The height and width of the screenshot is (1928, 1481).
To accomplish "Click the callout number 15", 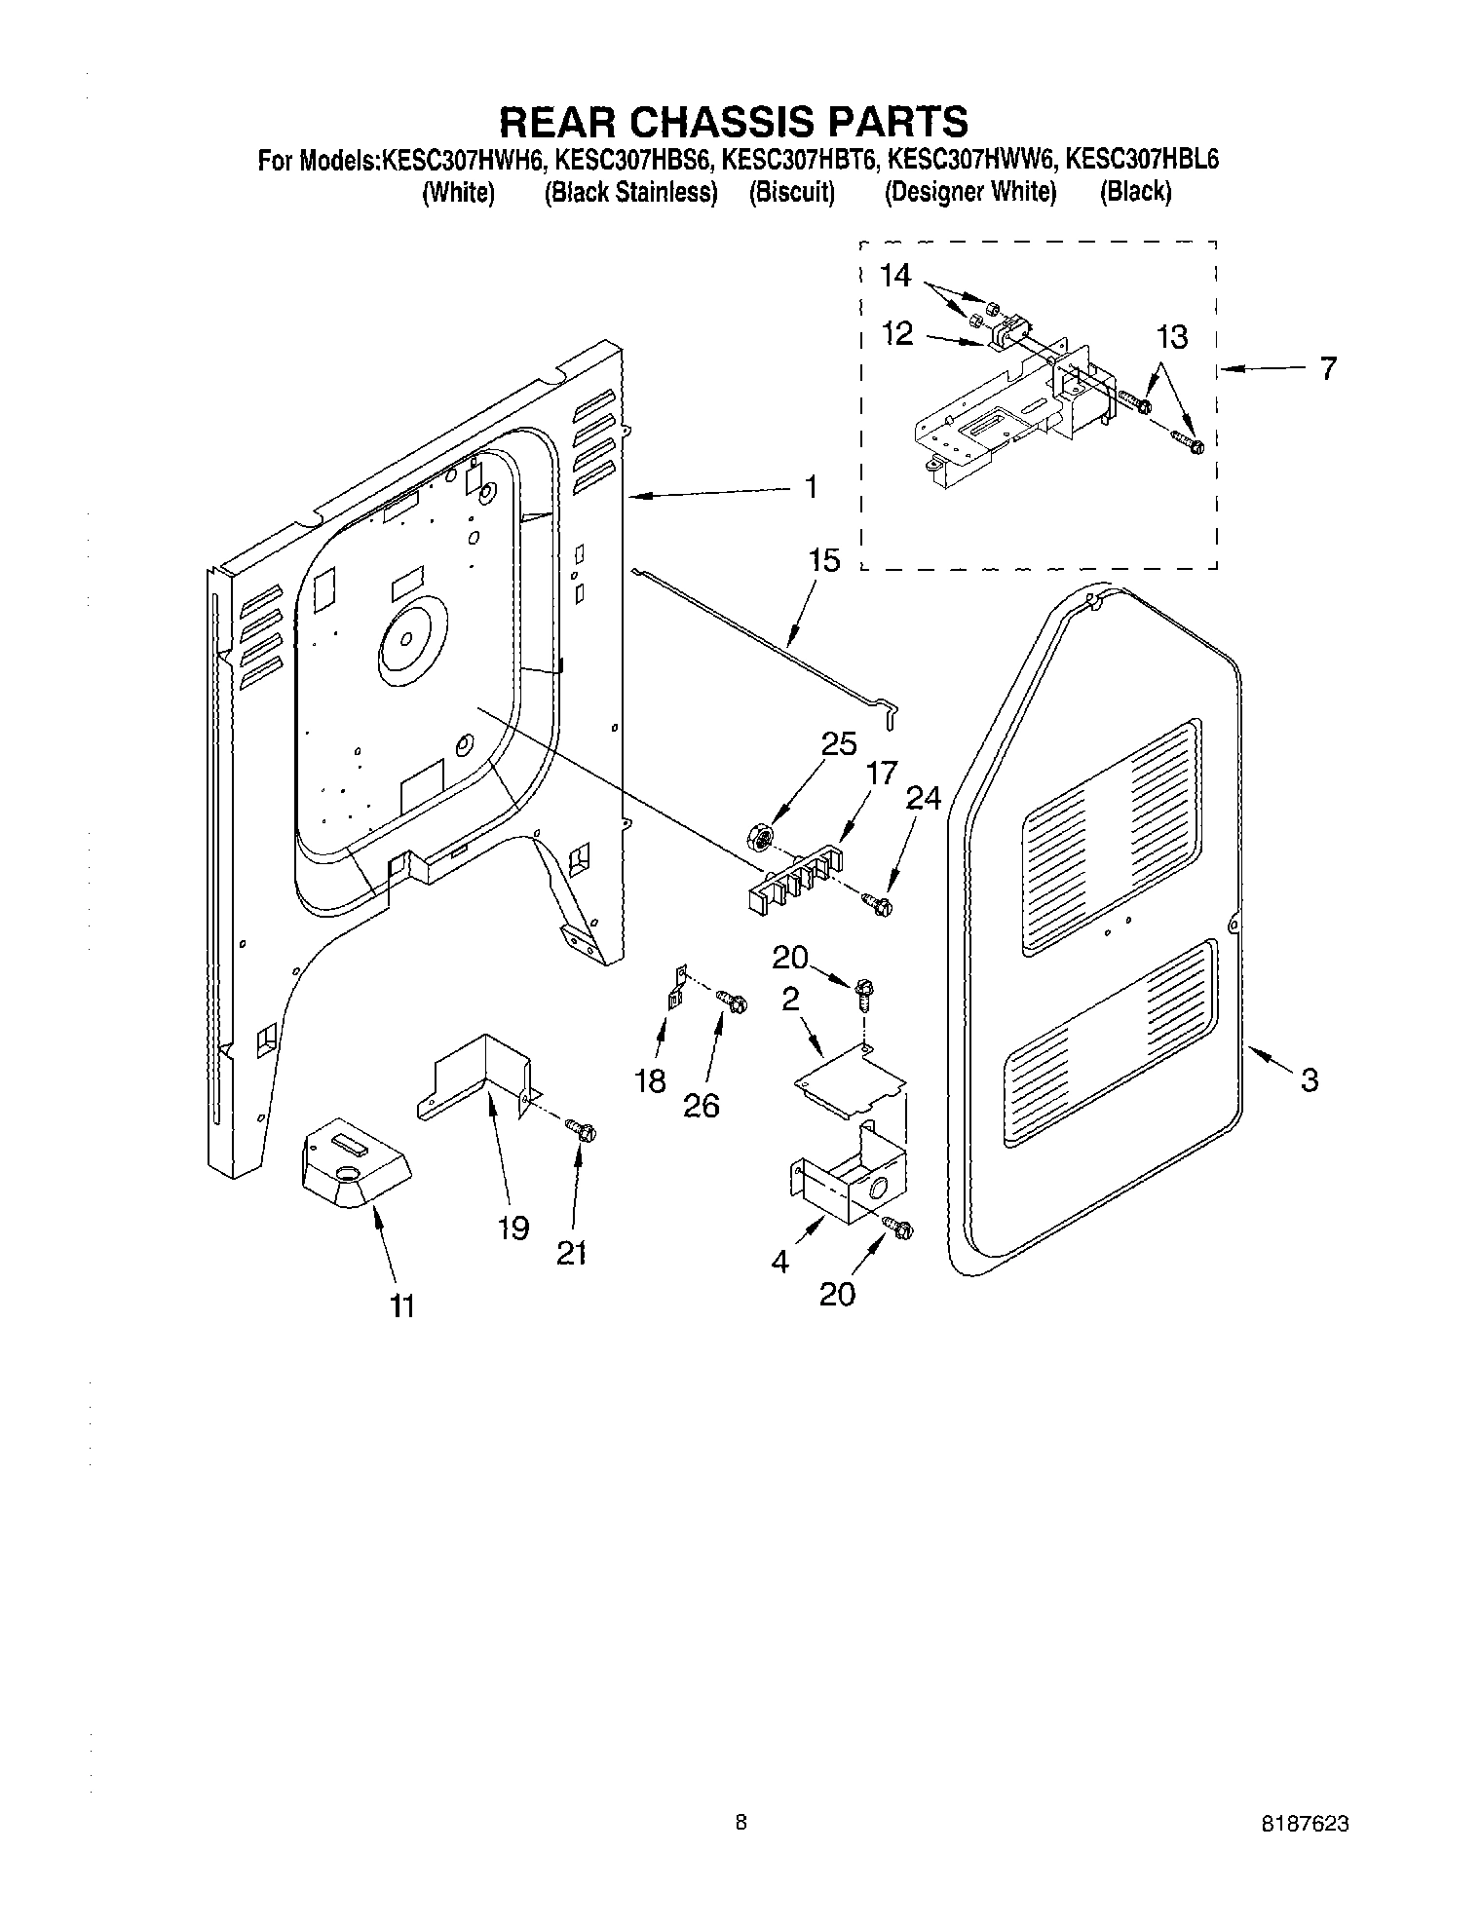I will click(x=823, y=561).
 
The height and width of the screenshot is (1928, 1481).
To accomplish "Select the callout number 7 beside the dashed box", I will click(x=1328, y=369).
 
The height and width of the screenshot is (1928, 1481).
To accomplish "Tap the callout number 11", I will click(x=401, y=1305).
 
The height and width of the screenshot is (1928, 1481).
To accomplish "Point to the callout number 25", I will click(x=838, y=744).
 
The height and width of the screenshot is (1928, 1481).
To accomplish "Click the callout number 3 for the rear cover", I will click(x=1310, y=1079).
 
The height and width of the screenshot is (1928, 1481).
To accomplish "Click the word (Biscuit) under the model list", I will click(x=791, y=193).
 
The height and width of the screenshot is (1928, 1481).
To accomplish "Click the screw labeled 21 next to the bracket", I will click(x=584, y=1132).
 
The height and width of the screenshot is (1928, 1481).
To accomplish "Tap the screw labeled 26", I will click(x=734, y=1000).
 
